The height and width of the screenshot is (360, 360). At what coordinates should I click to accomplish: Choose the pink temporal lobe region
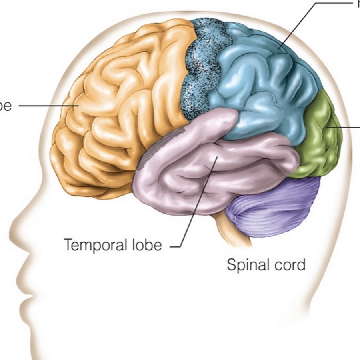(200, 172)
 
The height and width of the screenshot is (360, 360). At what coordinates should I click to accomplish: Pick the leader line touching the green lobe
(344, 127)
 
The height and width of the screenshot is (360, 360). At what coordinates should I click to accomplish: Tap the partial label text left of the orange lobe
(6, 106)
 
